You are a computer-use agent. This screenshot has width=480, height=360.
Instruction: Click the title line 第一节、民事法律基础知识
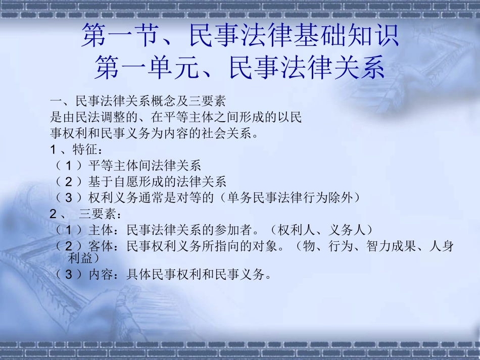click(x=240, y=36)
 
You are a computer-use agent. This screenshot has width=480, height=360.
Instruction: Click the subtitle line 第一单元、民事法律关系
click(x=240, y=68)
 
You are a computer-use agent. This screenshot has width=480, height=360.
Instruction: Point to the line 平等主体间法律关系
click(x=145, y=166)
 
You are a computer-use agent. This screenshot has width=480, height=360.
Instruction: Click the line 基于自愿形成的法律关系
click(x=157, y=181)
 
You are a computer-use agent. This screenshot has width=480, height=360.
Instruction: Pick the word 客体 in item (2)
click(x=100, y=246)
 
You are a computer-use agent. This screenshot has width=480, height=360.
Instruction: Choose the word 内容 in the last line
click(x=100, y=275)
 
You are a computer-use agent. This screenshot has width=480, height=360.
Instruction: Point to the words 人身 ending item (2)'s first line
click(x=441, y=246)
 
